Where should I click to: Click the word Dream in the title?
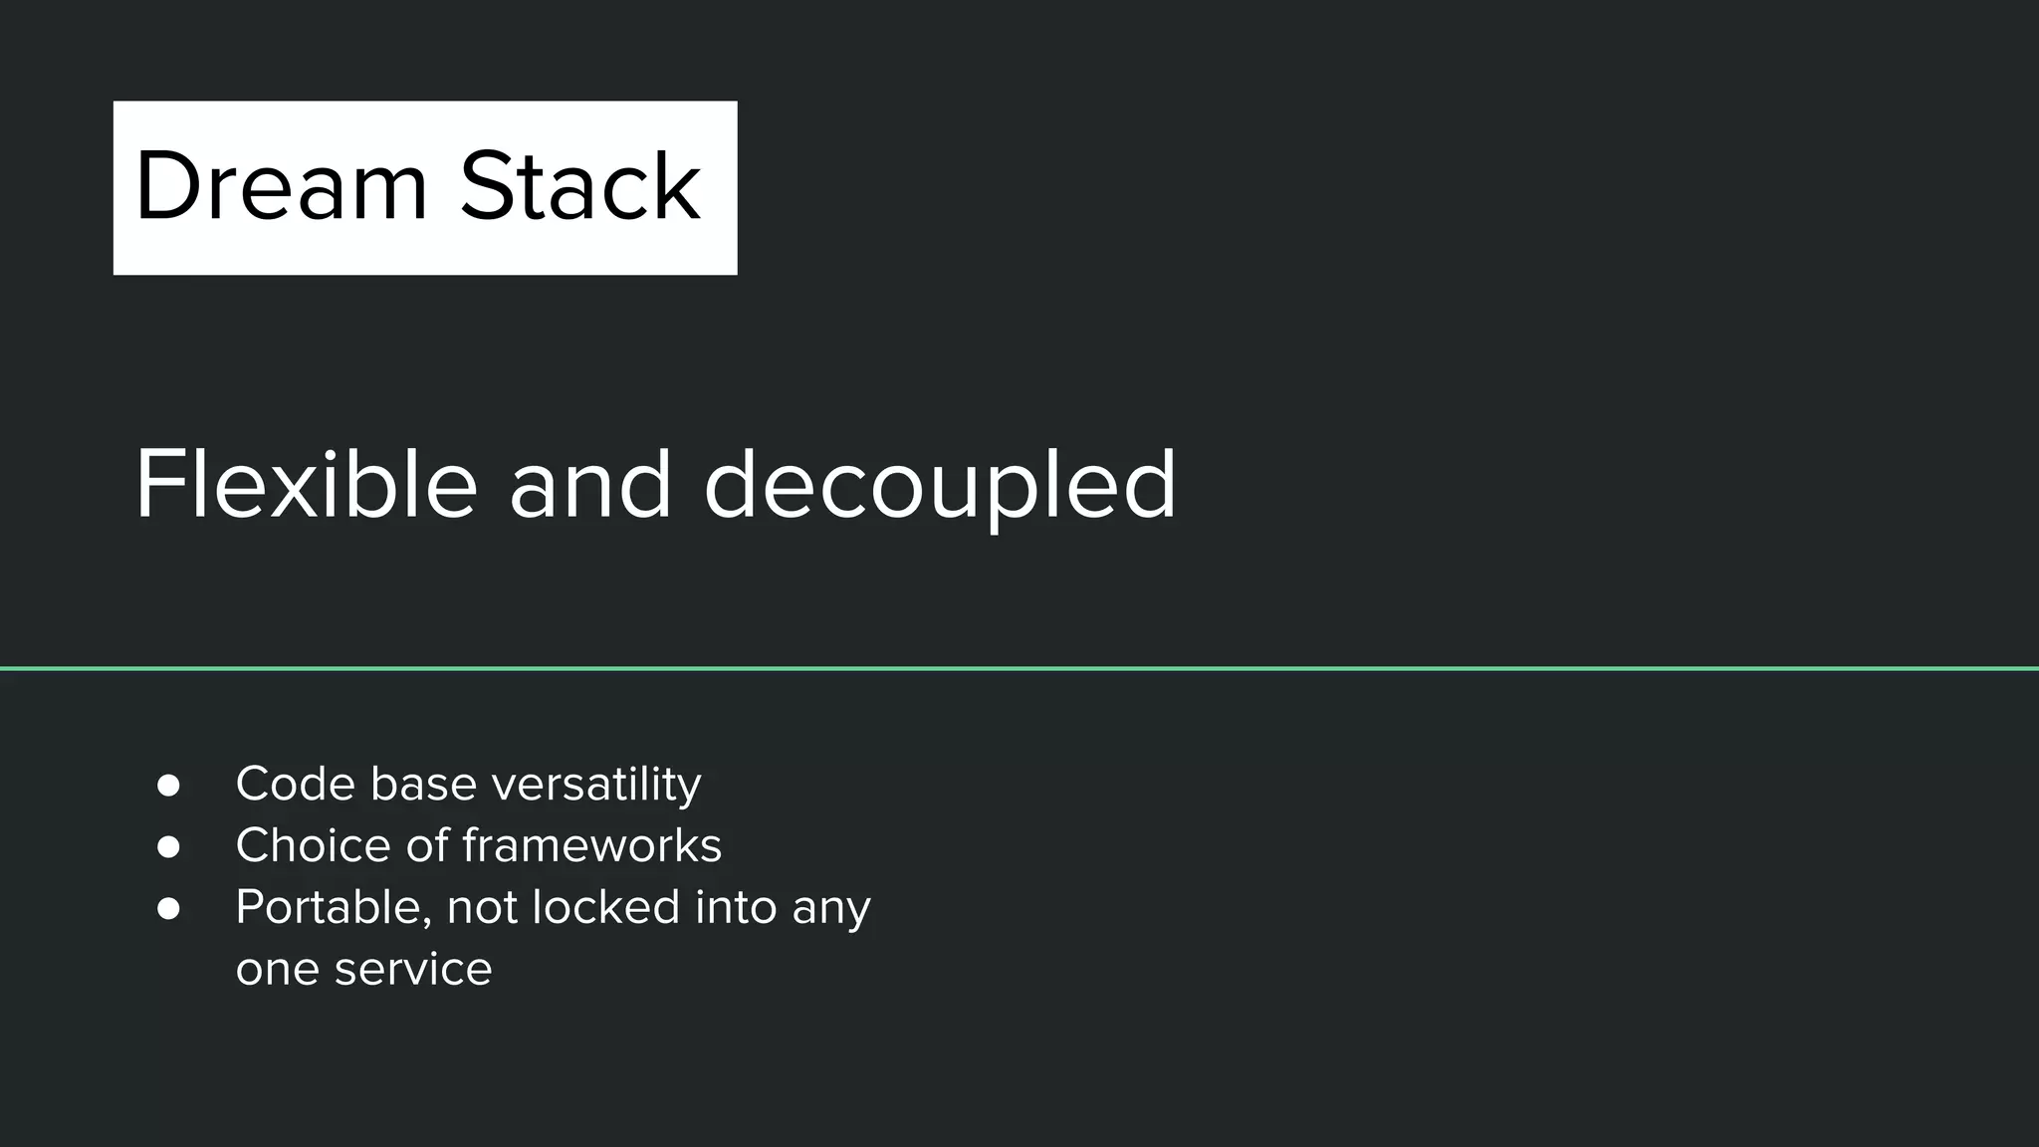pyautogui.click(x=281, y=186)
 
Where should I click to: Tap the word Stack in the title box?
pyautogui.click(x=579, y=186)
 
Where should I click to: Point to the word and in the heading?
pyautogui.click(x=589, y=485)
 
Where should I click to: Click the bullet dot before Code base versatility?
pyautogui.click(x=168, y=786)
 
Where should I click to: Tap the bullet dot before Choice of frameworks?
pyautogui.click(x=168, y=847)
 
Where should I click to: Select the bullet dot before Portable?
pyautogui.click(x=168, y=909)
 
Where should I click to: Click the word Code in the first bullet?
pyautogui.click(x=295, y=784)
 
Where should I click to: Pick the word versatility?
pyautogui.click(x=596, y=784)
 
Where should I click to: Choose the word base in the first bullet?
pyautogui.click(x=423, y=784)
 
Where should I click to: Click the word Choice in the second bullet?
pyautogui.click(x=313, y=845)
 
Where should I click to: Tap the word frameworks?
pyautogui.click(x=591, y=845)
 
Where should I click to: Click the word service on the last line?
pyautogui.click(x=413, y=969)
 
